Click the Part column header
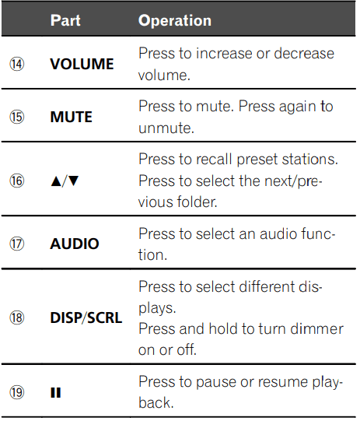[65, 20]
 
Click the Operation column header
[175, 21]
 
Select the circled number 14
[17, 64]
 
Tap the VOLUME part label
[82, 64]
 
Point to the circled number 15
[17, 117]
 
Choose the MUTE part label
[71, 117]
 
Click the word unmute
[166, 128]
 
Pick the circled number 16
[17, 181]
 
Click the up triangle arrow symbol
[56, 181]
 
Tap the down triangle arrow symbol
[74, 181]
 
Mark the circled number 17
[17, 244]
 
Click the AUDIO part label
[75, 244]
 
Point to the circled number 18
[17, 318]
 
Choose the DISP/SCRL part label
[86, 318]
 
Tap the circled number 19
[17, 392]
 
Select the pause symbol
[56, 393]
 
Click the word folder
[197, 202]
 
